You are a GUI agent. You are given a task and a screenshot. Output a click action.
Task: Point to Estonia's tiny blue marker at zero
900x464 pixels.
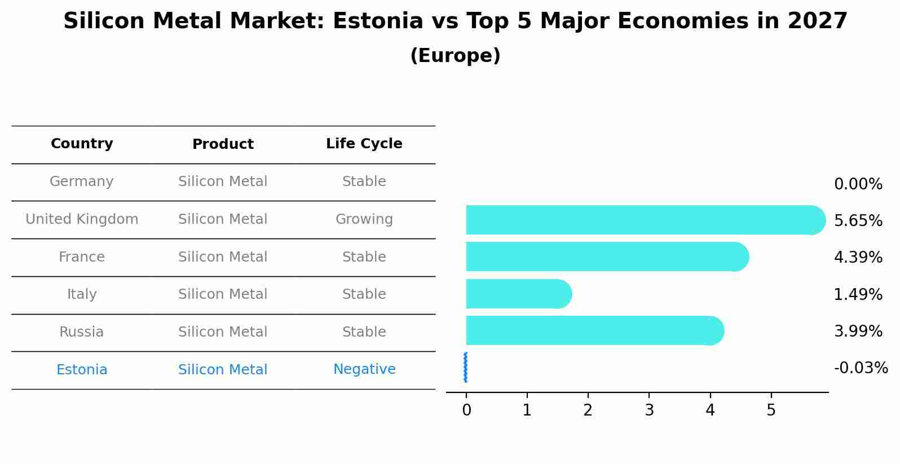click(x=465, y=367)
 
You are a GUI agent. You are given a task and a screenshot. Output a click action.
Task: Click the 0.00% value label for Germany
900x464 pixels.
click(x=858, y=184)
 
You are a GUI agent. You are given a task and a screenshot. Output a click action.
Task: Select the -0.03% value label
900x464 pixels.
click(x=861, y=368)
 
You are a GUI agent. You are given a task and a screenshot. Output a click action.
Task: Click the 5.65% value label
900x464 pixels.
click(x=858, y=220)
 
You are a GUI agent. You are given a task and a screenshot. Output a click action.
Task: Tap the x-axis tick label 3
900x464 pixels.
click(x=649, y=410)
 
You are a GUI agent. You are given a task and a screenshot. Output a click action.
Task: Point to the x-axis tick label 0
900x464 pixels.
click(x=466, y=410)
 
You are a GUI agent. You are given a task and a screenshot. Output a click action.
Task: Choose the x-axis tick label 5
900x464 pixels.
click(x=771, y=410)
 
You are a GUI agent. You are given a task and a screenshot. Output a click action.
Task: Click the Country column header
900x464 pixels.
click(x=82, y=144)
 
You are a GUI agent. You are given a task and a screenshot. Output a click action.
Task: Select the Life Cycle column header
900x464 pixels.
click(x=364, y=144)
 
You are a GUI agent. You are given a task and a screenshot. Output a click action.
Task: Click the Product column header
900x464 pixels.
click(x=223, y=144)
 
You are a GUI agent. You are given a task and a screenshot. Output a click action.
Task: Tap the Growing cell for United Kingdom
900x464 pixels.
click(x=364, y=219)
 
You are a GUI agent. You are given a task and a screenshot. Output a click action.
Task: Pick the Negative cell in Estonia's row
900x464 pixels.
click(x=364, y=369)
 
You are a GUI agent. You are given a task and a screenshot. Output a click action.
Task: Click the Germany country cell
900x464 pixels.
click(x=82, y=182)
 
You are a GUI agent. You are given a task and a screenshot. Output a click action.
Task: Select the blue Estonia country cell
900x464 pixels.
click(x=82, y=370)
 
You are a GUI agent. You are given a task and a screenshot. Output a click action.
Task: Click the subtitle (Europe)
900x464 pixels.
click(x=455, y=56)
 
